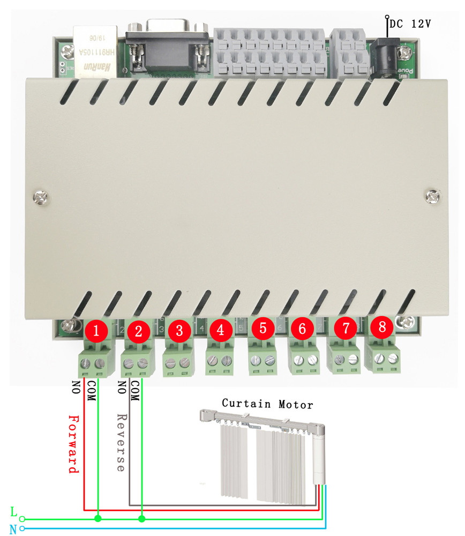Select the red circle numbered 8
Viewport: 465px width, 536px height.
382,327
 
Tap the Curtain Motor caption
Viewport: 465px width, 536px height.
267,403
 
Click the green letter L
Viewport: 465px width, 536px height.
14,512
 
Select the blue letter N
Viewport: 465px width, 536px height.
13,529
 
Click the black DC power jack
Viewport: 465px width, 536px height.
385,54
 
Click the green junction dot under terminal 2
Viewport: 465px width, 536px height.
142,519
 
